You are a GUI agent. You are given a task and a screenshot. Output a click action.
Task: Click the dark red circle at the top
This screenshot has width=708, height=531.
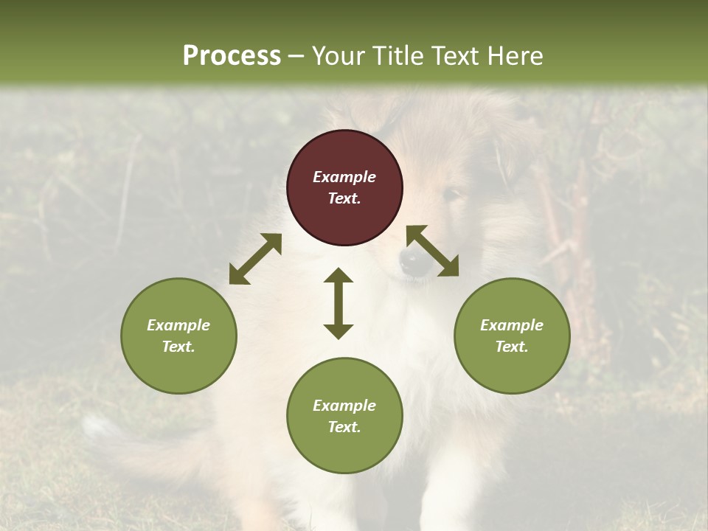[344, 187]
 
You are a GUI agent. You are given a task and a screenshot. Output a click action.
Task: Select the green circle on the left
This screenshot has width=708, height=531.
[178, 336]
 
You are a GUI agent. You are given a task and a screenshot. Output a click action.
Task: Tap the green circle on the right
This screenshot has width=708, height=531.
[512, 336]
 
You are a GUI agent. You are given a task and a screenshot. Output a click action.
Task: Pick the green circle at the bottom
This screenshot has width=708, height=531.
[344, 416]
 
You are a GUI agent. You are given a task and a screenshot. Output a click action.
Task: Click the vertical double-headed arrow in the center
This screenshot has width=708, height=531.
[339, 303]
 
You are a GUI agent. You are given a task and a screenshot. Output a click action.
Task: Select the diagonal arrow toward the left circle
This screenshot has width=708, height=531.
[255, 259]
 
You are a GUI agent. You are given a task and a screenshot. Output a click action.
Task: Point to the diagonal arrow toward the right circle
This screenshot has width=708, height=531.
[433, 251]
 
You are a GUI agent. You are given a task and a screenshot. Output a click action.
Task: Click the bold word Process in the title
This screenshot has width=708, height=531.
[232, 55]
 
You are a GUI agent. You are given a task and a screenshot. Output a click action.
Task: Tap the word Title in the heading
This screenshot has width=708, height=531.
[396, 55]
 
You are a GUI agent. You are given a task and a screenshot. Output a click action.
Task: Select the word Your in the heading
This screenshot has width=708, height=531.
[337, 55]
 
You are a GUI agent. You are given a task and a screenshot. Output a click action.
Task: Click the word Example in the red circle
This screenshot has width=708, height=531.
[344, 177]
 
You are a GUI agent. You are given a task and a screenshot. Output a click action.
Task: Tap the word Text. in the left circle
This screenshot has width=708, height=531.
[178, 347]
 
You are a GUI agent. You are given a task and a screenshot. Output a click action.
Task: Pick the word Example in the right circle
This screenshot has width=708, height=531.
[512, 325]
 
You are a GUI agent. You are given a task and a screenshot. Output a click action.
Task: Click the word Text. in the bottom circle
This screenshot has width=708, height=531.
[344, 427]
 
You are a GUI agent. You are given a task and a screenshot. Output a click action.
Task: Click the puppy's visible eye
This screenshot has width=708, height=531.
[451, 195]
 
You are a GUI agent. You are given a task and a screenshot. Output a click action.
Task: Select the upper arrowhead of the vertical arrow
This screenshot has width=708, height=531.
[339, 276]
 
